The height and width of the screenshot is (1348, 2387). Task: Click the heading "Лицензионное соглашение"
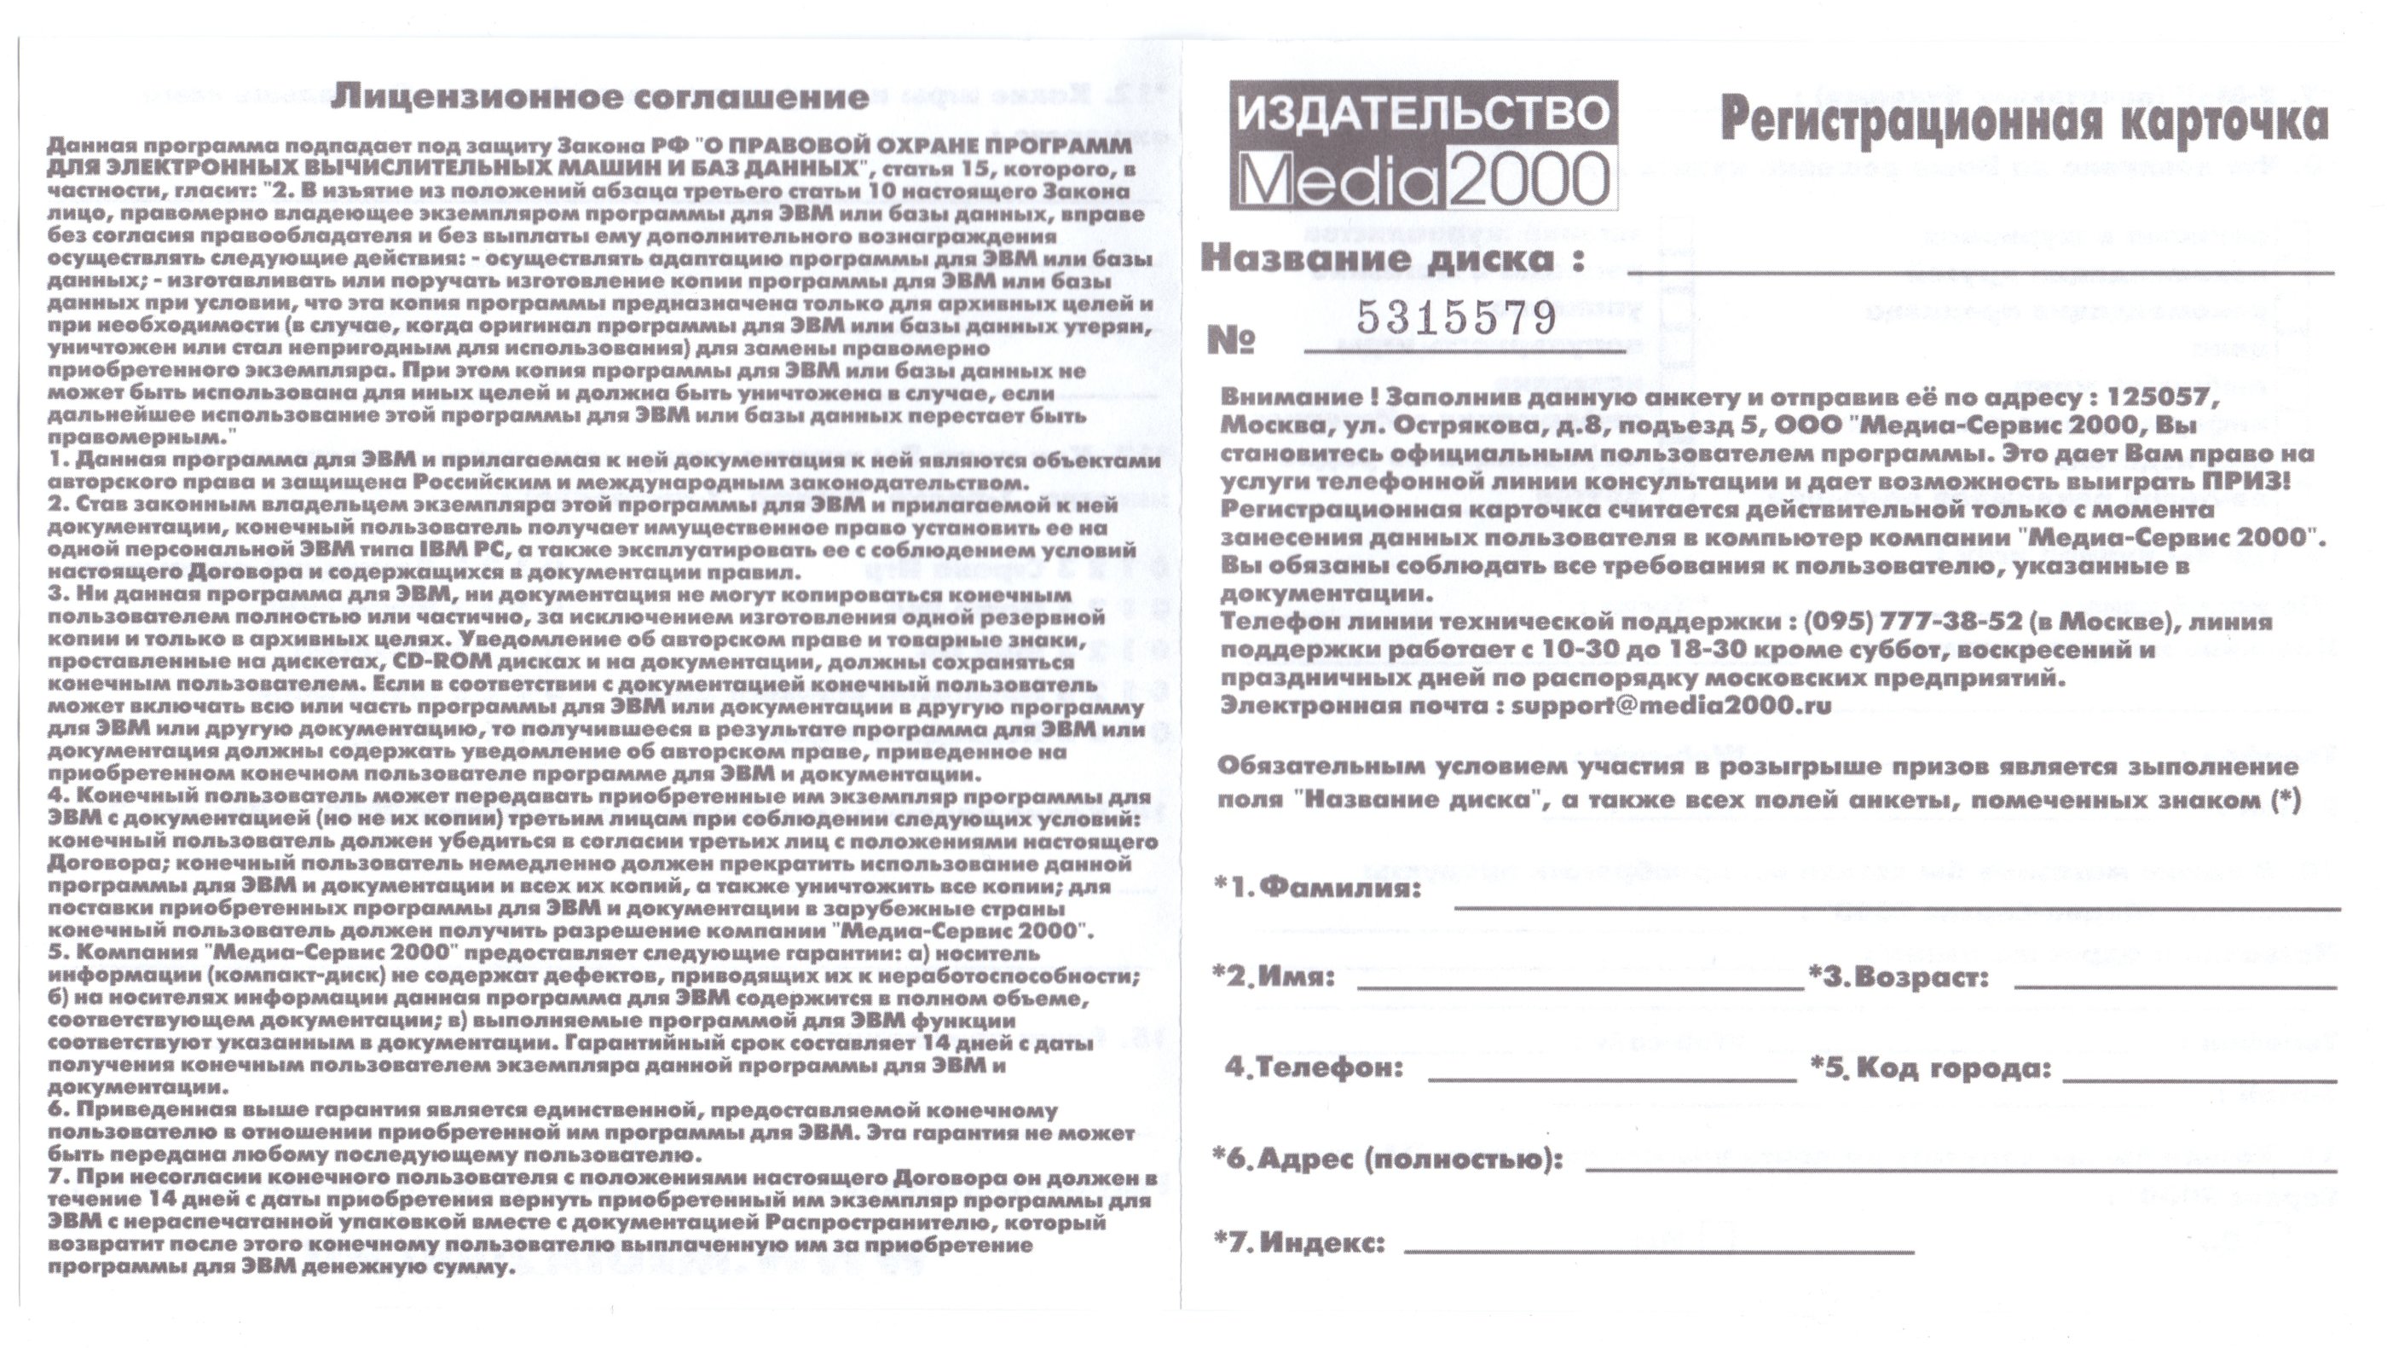click(x=600, y=97)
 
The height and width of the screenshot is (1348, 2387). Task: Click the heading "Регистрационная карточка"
click(x=2024, y=120)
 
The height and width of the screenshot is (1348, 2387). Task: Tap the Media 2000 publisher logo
click(x=1424, y=146)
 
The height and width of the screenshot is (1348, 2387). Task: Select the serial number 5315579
click(x=1457, y=318)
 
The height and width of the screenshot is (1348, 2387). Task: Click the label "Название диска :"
click(x=1392, y=258)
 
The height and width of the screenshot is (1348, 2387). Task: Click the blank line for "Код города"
click(x=2199, y=1079)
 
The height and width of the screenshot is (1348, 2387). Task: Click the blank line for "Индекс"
click(x=1659, y=1251)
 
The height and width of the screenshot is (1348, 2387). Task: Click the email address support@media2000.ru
click(x=1671, y=705)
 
